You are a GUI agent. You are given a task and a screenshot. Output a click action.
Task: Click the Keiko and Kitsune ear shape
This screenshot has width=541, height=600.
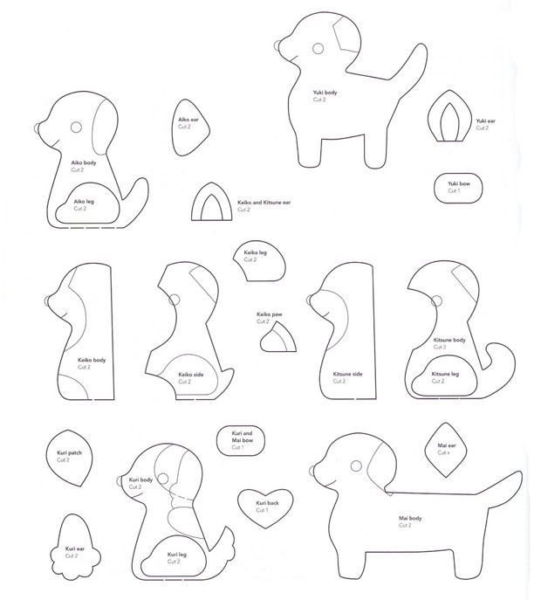pyautogui.click(x=209, y=206)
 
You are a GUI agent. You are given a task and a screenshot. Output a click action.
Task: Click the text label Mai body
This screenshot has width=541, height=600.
pyautogui.click(x=399, y=518)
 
